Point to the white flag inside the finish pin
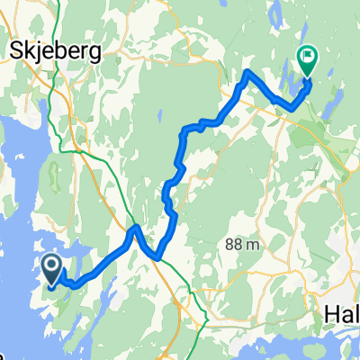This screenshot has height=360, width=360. click(308, 58)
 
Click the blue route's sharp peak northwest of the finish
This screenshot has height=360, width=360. click(247, 71)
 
